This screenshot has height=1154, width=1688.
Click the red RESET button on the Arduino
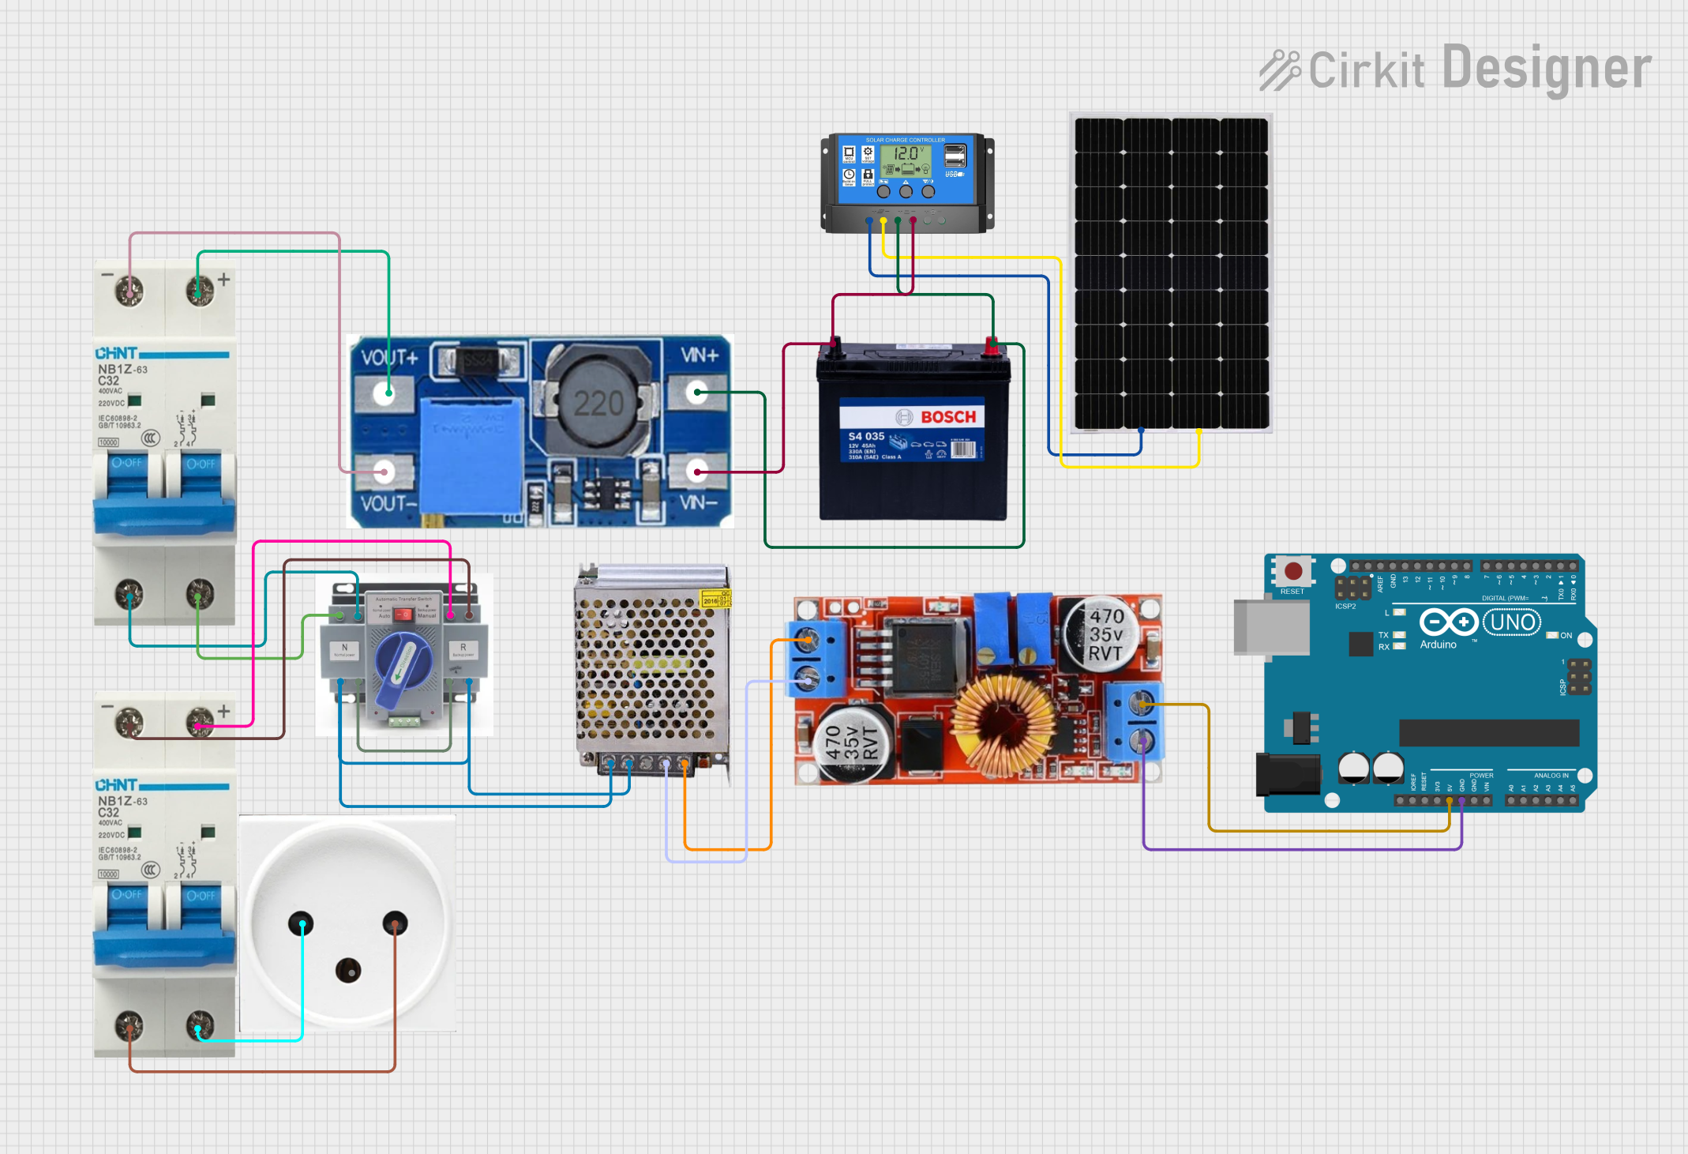pos(1292,571)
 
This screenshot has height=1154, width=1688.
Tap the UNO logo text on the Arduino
pos(1512,622)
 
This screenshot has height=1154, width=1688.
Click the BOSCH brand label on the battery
pos(947,416)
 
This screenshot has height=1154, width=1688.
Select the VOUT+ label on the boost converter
pos(389,358)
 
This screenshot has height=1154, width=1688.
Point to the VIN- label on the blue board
pos(698,502)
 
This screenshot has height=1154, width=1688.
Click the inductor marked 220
pos(598,403)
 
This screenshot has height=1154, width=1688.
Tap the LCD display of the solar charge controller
pos(906,160)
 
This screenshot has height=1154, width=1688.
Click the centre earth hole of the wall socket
pos(348,970)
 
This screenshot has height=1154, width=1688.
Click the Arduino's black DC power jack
pos(1288,774)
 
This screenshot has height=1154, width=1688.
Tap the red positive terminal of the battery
pos(992,345)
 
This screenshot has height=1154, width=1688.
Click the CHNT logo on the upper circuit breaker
pos(116,353)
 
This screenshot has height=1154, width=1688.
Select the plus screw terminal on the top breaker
pos(200,291)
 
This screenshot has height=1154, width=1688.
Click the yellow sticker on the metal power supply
pos(715,598)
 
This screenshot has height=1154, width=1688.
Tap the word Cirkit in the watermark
pos(1367,70)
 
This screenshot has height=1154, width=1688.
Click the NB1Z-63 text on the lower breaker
pos(122,801)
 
